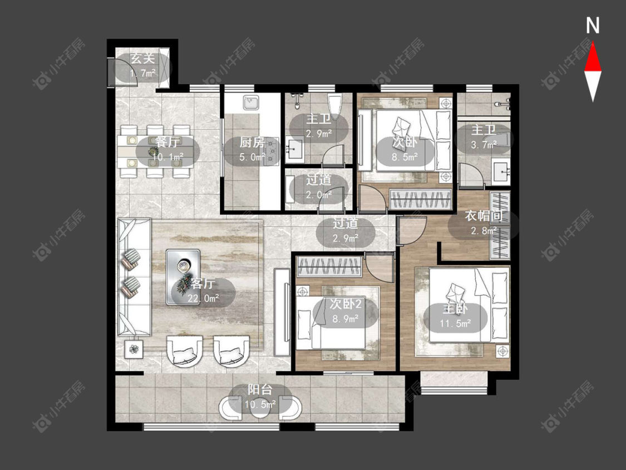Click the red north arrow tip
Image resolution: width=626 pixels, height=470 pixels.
593,43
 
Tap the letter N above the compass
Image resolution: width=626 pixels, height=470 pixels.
593,26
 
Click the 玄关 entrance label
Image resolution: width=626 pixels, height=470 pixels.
143,58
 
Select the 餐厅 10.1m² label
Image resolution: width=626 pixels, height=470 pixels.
167,149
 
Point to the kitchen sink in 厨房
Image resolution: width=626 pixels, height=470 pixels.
251,103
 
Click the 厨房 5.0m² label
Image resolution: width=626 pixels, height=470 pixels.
252,149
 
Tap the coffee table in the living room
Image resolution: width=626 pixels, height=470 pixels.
183,277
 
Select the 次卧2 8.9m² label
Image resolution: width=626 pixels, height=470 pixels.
346,311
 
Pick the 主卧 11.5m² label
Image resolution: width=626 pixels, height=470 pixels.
455,316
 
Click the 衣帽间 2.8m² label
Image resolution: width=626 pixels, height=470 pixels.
484,223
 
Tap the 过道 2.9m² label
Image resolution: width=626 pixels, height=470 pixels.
346,231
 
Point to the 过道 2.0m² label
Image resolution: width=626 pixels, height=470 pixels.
319,187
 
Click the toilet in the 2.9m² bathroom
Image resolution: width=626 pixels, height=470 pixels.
334,104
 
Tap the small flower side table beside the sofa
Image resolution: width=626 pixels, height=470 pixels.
134,349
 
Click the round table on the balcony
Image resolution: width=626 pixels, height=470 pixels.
260,407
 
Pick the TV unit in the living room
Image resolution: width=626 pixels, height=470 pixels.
282,312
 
